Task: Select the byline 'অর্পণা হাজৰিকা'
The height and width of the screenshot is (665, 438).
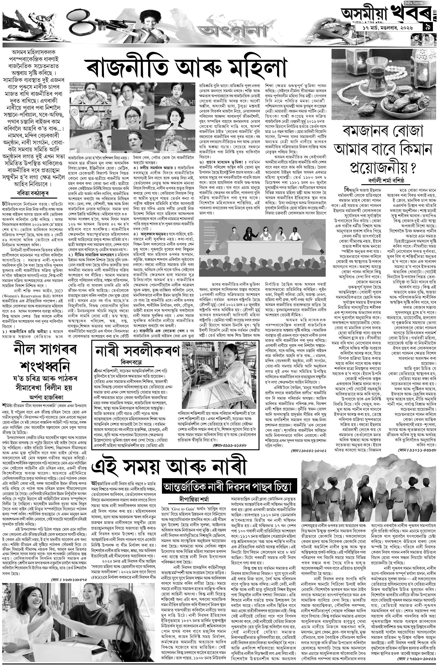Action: (46, 397)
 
